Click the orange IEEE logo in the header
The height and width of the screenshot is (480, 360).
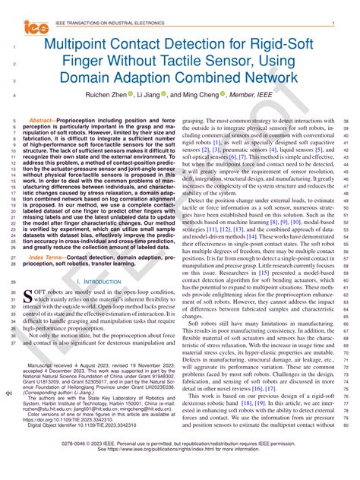coord(34,27)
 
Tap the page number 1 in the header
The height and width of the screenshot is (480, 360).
coord(333,24)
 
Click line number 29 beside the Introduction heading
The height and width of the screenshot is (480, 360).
coord(14,282)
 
